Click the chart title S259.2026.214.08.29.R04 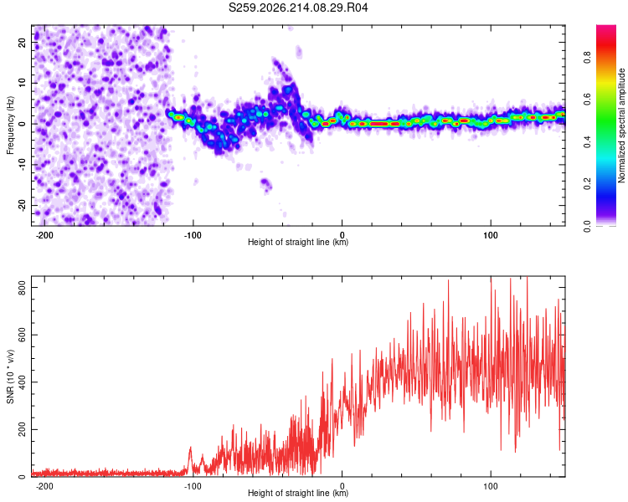coord(298,8)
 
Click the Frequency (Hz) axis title coord(10,125)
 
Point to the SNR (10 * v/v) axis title coord(10,376)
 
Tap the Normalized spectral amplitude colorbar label coord(621,125)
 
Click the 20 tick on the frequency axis coord(23,42)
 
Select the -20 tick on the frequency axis coord(23,205)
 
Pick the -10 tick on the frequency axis coord(23,164)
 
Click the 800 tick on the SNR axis coord(23,288)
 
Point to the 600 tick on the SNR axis coord(23,335)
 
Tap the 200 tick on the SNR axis coord(23,429)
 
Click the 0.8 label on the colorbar coord(587,57)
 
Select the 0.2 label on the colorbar coord(587,184)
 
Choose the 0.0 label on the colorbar coord(587,226)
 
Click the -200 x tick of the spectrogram coord(44,235)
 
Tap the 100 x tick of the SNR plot coord(490,486)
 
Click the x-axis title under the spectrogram coord(298,242)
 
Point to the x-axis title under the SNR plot coord(298,493)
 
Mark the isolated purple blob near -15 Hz coord(266,185)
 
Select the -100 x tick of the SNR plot coord(193,486)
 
